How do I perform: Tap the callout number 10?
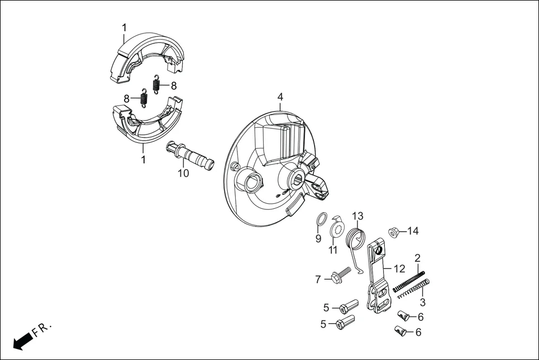click(184, 174)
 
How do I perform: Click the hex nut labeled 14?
click(393, 232)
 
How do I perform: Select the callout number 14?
click(413, 231)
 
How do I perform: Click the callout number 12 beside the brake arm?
click(399, 268)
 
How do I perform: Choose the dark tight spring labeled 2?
click(409, 281)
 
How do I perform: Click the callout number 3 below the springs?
click(423, 303)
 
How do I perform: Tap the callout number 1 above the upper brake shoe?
click(124, 27)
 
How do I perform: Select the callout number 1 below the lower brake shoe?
click(143, 160)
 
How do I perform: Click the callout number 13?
click(357, 215)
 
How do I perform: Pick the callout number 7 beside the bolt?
click(318, 279)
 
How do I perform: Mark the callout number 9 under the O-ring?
click(318, 238)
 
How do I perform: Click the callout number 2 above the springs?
click(417, 258)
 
